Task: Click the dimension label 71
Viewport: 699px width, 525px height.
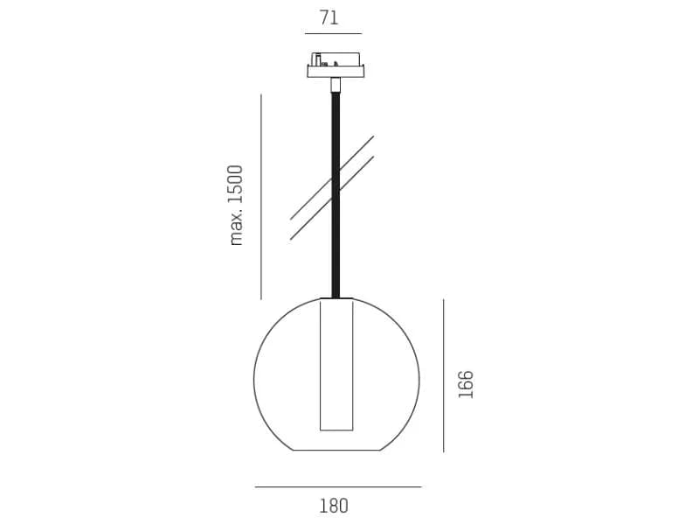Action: pyautogui.click(x=329, y=17)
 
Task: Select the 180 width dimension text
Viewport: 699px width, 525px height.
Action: pyautogui.click(x=334, y=507)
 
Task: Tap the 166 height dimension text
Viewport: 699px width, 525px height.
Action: pyautogui.click(x=466, y=384)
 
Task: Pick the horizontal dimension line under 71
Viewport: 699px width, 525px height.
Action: pyautogui.click(x=334, y=33)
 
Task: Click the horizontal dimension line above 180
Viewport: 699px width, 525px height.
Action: pyautogui.click(x=338, y=486)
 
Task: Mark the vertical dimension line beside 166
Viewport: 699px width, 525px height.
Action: pyautogui.click(x=444, y=375)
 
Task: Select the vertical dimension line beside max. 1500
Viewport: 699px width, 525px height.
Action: pyautogui.click(x=261, y=196)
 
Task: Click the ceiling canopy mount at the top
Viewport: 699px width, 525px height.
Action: pyautogui.click(x=336, y=66)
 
